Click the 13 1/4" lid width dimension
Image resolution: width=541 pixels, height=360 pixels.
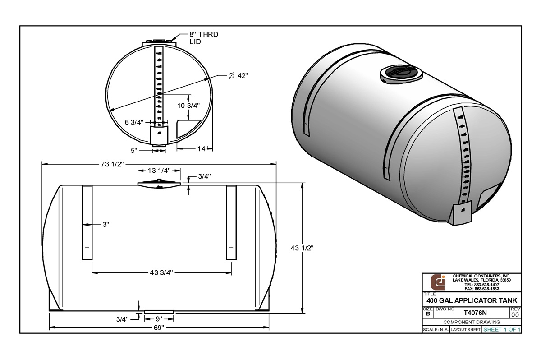click(158, 171)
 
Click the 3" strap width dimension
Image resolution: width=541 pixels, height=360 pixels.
click(106, 224)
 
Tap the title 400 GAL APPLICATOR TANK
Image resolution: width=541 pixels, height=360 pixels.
click(472, 300)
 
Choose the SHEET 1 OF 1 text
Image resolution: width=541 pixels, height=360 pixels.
click(501, 330)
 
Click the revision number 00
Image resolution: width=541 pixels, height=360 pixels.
click(515, 314)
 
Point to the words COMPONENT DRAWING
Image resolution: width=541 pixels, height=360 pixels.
click(472, 322)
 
